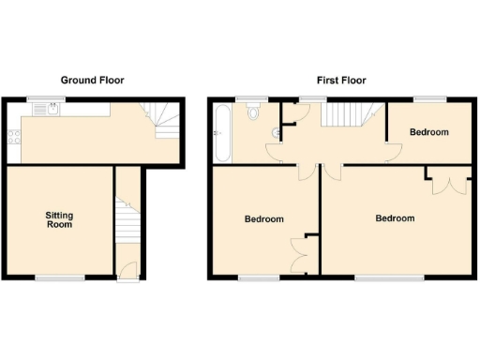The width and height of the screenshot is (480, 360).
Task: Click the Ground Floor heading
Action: point(92,81)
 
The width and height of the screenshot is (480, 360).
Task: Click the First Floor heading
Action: point(340,81)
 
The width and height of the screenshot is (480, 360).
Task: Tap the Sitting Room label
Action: point(59,220)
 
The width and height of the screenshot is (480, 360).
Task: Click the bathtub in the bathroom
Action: point(220,134)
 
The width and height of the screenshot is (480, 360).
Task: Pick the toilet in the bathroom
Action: point(254,112)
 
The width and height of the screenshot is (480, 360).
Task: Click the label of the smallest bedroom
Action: point(428,132)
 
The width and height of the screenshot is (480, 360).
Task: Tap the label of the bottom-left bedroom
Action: point(263,219)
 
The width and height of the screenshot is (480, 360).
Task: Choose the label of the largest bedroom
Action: point(395,218)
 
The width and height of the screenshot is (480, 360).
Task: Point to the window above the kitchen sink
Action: point(38,98)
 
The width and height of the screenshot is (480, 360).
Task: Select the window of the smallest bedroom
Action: point(429,98)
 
